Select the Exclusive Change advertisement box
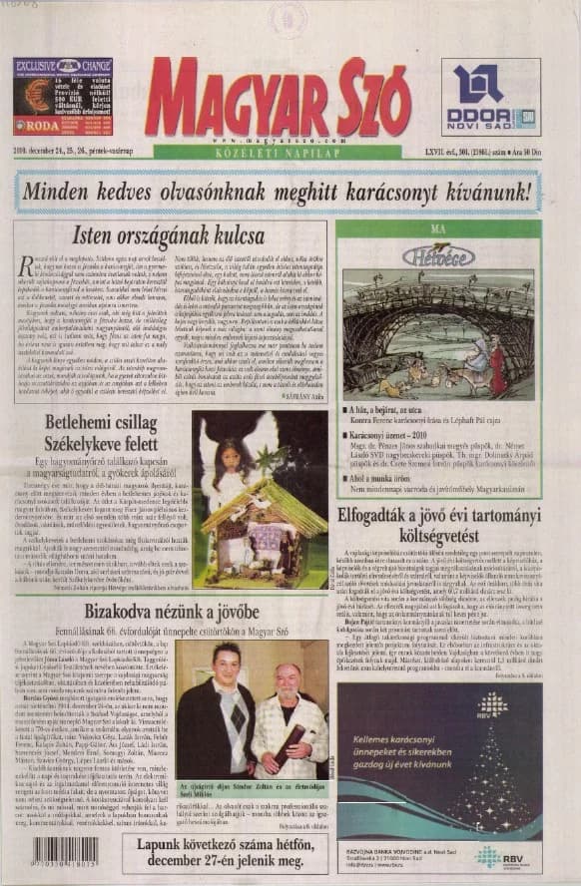(x=62, y=97)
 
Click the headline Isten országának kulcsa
(x=171, y=235)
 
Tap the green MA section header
(x=436, y=228)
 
